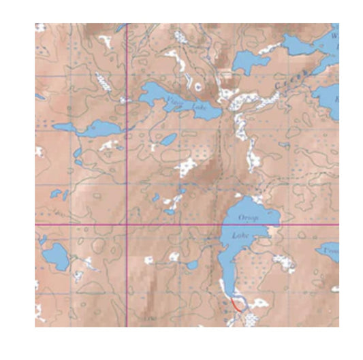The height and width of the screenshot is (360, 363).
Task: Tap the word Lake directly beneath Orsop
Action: (241, 235)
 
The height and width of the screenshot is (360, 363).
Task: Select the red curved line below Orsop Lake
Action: (236, 305)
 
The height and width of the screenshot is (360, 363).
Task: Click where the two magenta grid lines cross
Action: (128, 225)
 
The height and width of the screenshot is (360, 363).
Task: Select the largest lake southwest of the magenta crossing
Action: (54, 258)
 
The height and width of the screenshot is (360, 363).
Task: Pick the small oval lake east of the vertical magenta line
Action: (167, 140)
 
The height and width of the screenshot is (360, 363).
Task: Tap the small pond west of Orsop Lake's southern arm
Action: (193, 265)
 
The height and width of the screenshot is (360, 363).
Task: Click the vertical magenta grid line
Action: (128, 170)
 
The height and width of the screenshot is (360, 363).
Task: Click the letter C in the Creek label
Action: (281, 87)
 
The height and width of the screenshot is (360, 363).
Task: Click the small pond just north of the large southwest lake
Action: (43, 240)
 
